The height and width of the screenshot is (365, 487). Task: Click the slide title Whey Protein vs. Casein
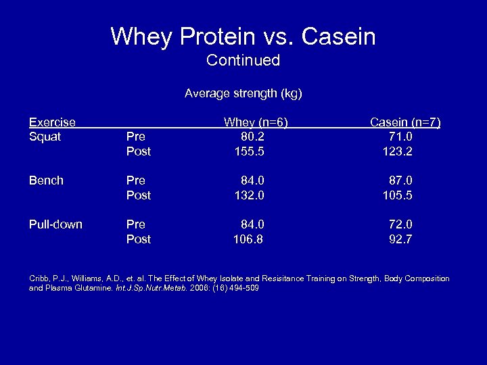[243, 36]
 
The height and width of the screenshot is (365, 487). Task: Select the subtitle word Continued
[243, 60]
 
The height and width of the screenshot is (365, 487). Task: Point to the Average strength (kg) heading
[243, 93]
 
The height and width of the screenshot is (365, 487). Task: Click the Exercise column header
[51, 122]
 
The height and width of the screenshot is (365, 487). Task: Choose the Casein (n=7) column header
[404, 122]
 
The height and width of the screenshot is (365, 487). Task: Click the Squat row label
[45, 137]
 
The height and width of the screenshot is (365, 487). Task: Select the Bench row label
[46, 180]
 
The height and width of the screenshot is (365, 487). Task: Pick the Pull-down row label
[55, 224]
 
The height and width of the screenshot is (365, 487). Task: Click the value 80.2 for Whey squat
[252, 137]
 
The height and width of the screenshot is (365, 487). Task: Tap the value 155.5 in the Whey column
[248, 151]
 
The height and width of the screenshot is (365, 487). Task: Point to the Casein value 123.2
[398, 151]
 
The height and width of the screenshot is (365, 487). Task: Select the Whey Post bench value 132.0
[248, 195]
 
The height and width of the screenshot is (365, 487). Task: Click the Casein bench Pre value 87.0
[400, 180]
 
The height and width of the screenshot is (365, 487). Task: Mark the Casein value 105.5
[398, 195]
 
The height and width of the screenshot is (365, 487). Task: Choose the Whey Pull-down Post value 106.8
[248, 239]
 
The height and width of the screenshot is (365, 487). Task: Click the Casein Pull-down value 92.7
[400, 239]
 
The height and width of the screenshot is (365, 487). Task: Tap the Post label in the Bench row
[139, 195]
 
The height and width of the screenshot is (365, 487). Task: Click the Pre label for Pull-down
[136, 224]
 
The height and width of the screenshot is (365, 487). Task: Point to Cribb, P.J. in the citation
[47, 278]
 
